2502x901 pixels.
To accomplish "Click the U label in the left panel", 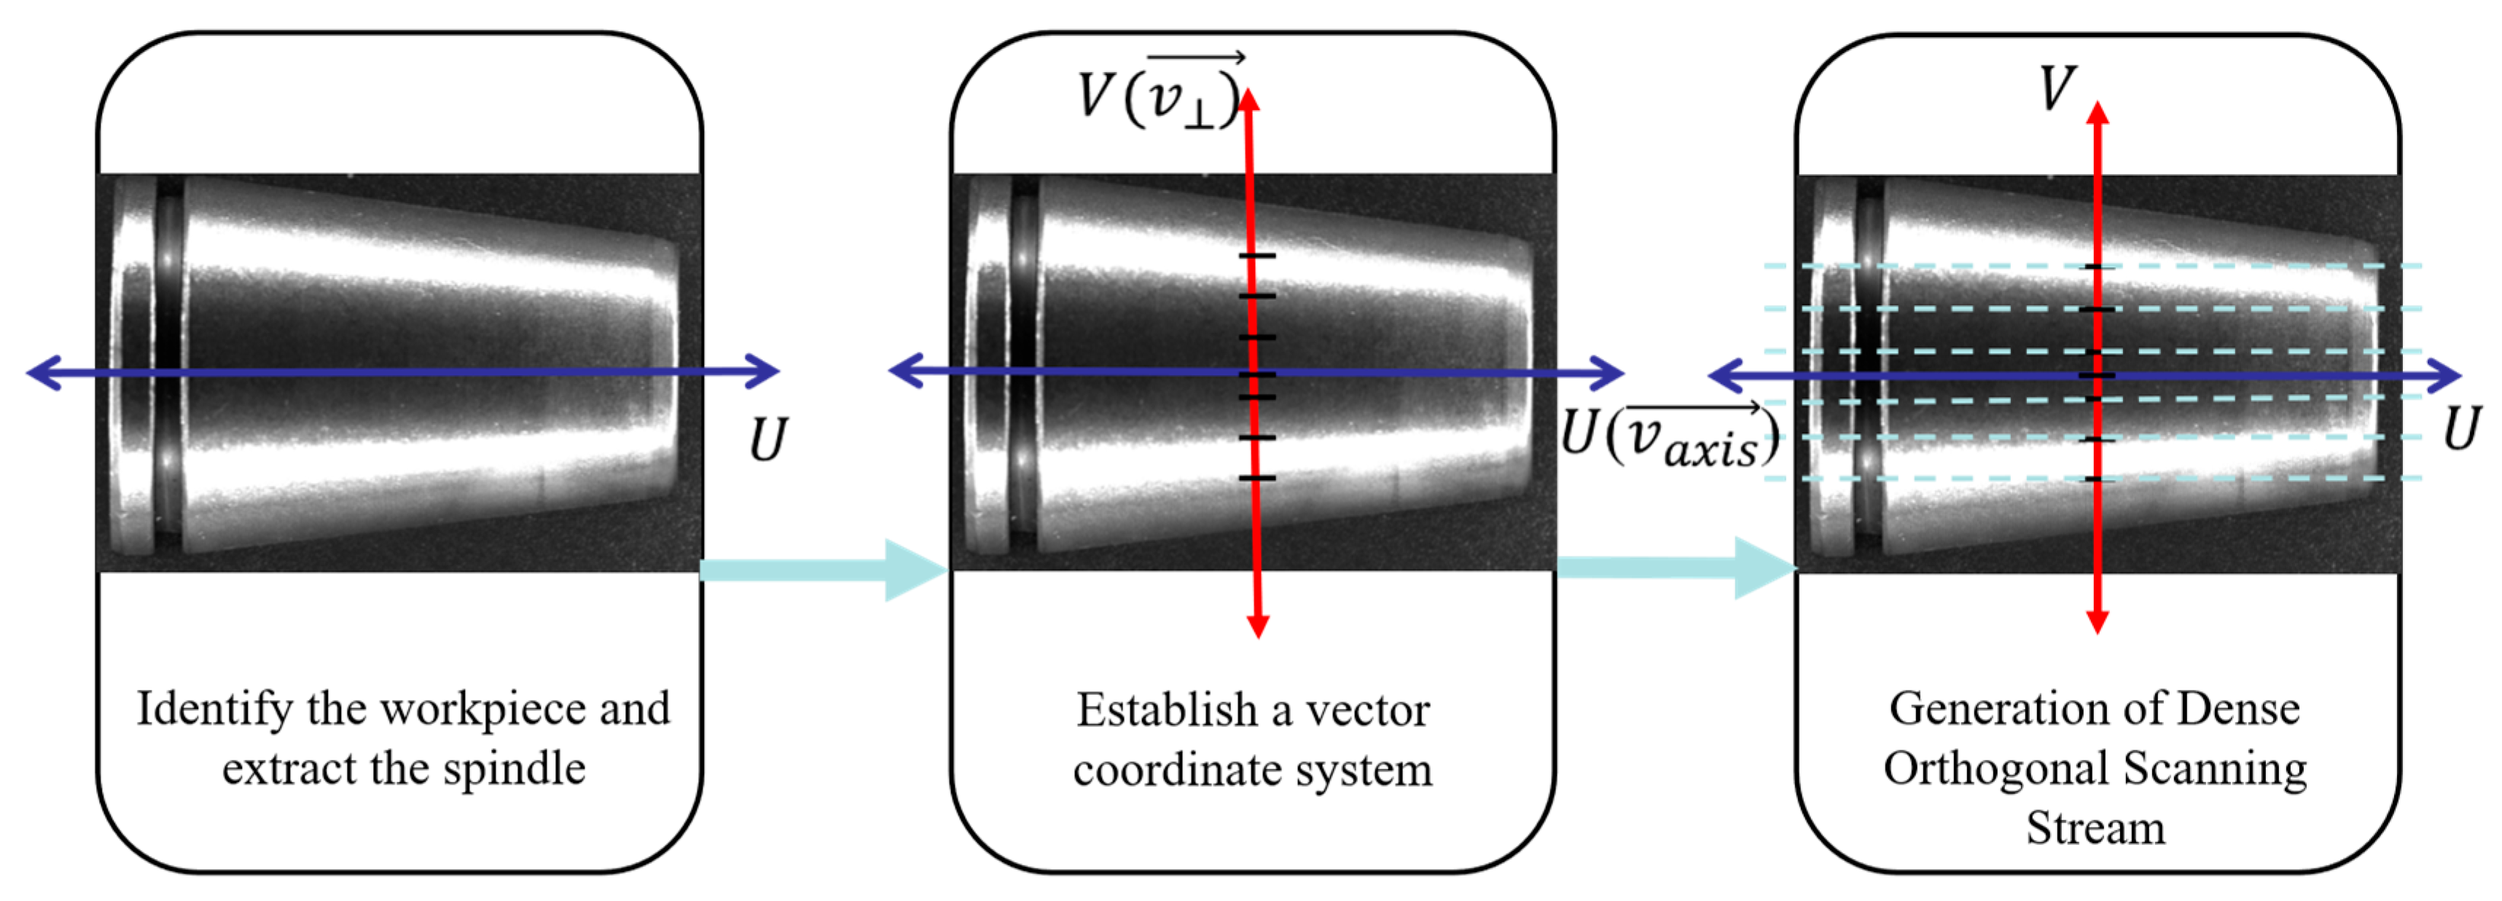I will tap(767, 440).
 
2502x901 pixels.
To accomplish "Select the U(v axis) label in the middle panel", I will tap(1670, 436).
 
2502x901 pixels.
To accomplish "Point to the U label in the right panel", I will tap(2462, 428).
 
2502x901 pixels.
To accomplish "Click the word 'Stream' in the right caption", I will tap(2095, 828).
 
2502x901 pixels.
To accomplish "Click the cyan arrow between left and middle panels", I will tap(821, 570).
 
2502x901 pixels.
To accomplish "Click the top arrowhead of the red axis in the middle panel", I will tap(1249, 99).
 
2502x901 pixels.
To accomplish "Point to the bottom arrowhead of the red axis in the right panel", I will tap(2098, 621).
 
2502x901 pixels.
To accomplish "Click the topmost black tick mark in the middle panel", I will tap(1256, 256).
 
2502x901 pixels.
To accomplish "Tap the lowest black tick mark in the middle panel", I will tap(1256, 478).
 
